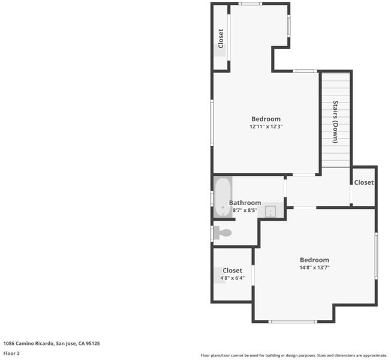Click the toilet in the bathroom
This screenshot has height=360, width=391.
pyautogui.click(x=222, y=233)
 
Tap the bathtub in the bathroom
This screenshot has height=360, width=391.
pyautogui.click(x=222, y=197)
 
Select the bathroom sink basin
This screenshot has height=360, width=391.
pyautogui.click(x=270, y=211)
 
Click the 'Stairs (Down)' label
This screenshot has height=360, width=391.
pyautogui.click(x=336, y=122)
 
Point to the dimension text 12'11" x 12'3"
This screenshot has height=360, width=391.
pyautogui.click(x=266, y=127)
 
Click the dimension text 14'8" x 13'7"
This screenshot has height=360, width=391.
pyautogui.click(x=314, y=268)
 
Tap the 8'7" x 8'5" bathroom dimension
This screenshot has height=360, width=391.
pyautogui.click(x=245, y=211)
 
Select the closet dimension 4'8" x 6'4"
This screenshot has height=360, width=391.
pyautogui.click(x=233, y=278)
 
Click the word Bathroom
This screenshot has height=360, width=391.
pyautogui.click(x=245, y=203)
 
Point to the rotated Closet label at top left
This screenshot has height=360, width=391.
pyautogui.click(x=221, y=38)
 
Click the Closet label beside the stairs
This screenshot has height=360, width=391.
pyautogui.click(x=364, y=182)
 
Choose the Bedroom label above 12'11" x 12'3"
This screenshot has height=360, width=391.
pyautogui.click(x=266, y=119)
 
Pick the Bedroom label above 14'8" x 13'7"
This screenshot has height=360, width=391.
pyautogui.click(x=314, y=260)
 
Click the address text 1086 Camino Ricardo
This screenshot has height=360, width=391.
pyautogui.click(x=28, y=344)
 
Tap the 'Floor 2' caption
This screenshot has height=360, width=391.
pyautogui.click(x=11, y=353)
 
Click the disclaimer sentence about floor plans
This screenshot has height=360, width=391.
pyautogui.click(x=294, y=355)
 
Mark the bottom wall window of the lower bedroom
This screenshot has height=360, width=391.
pyautogui.click(x=293, y=322)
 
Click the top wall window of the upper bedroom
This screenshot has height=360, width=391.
pyautogui.click(x=250, y=4)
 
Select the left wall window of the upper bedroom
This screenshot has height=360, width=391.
pyautogui.click(x=212, y=122)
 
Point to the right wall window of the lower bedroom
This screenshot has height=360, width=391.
pyautogui.click(x=376, y=256)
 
